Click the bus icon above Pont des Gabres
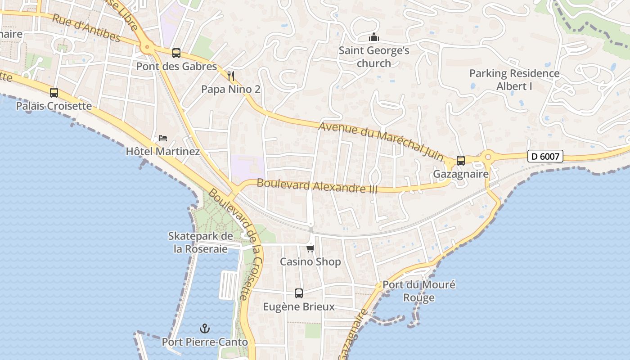click(176, 53)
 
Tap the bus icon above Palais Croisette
click(54, 93)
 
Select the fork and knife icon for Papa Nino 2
click(231, 76)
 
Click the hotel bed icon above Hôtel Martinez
click(163, 138)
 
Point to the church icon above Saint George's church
click(374, 37)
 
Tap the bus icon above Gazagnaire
click(461, 160)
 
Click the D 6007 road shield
click(545, 156)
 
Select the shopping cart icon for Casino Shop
click(310, 248)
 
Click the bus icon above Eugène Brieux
click(299, 293)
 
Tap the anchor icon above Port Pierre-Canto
click(205, 328)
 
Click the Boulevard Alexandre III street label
click(317, 186)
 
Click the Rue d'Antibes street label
click(86, 28)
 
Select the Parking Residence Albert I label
click(514, 80)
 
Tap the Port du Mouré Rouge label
click(419, 291)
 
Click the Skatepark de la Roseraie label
click(201, 243)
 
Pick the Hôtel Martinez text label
click(163, 151)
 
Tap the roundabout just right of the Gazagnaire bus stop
click(488, 157)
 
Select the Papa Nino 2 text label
click(230, 89)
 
